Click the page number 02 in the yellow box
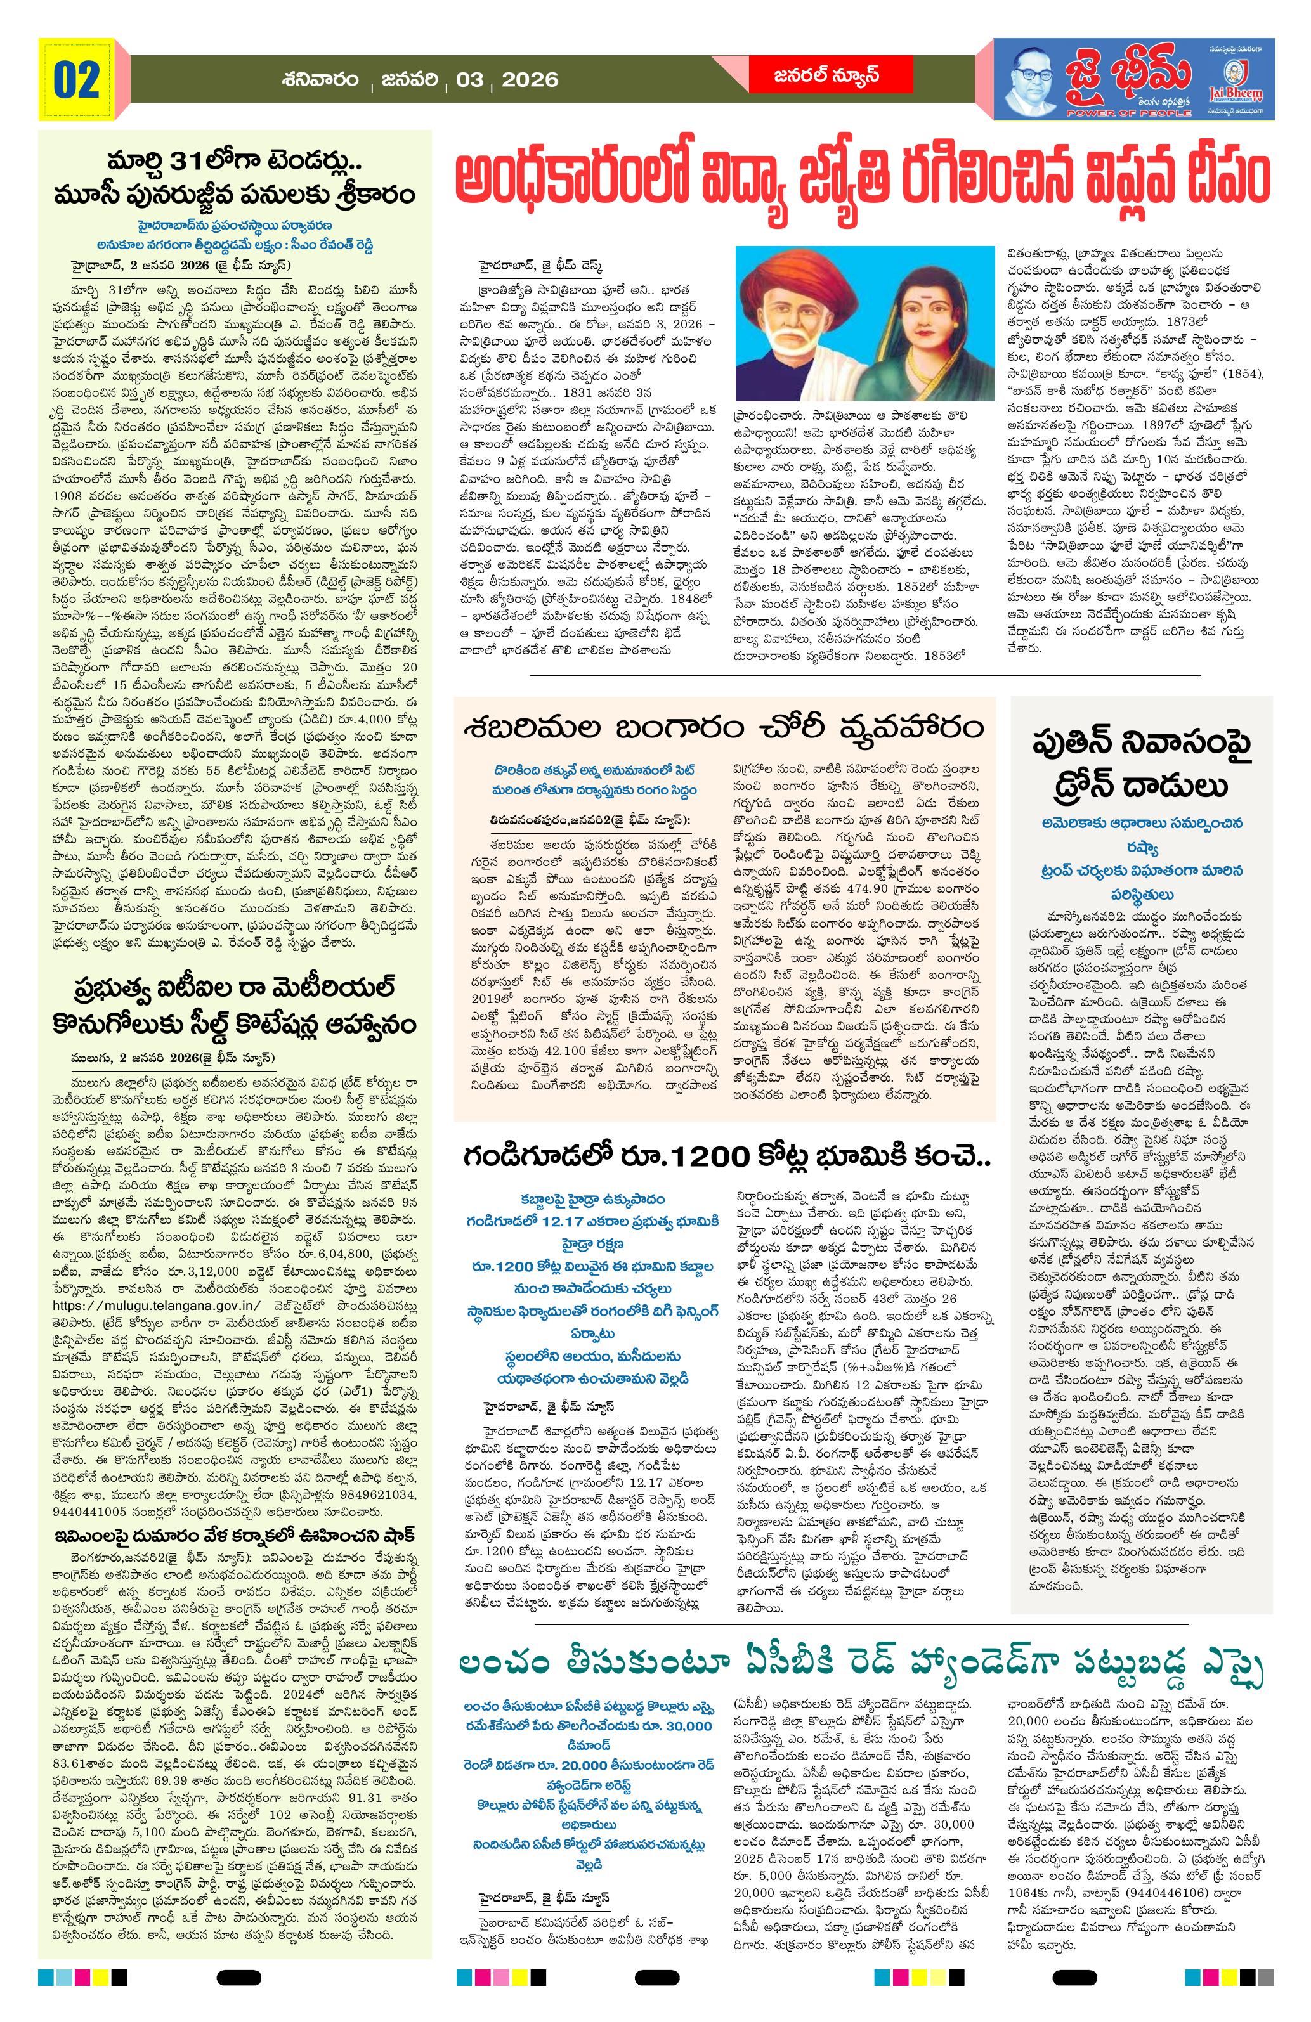point(77,81)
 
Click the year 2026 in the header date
point(530,81)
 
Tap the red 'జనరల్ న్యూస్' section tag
point(830,77)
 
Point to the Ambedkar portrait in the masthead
point(1031,82)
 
